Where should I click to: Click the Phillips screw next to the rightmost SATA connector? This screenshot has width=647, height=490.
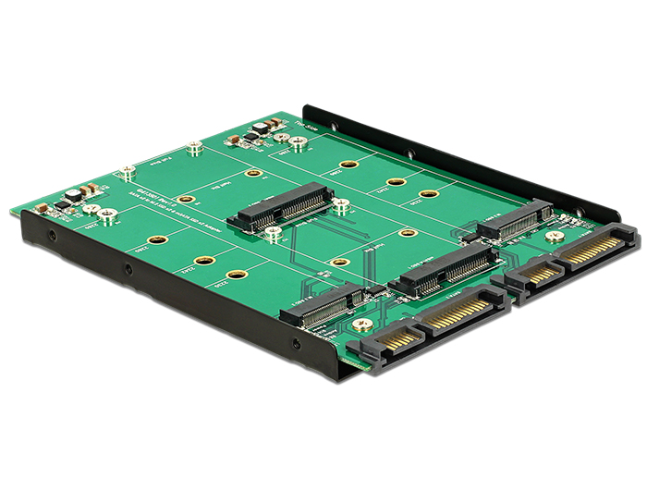click(x=555, y=237)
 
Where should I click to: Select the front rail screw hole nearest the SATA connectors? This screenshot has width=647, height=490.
click(x=296, y=344)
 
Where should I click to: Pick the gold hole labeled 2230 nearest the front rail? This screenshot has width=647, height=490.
click(x=238, y=275)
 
